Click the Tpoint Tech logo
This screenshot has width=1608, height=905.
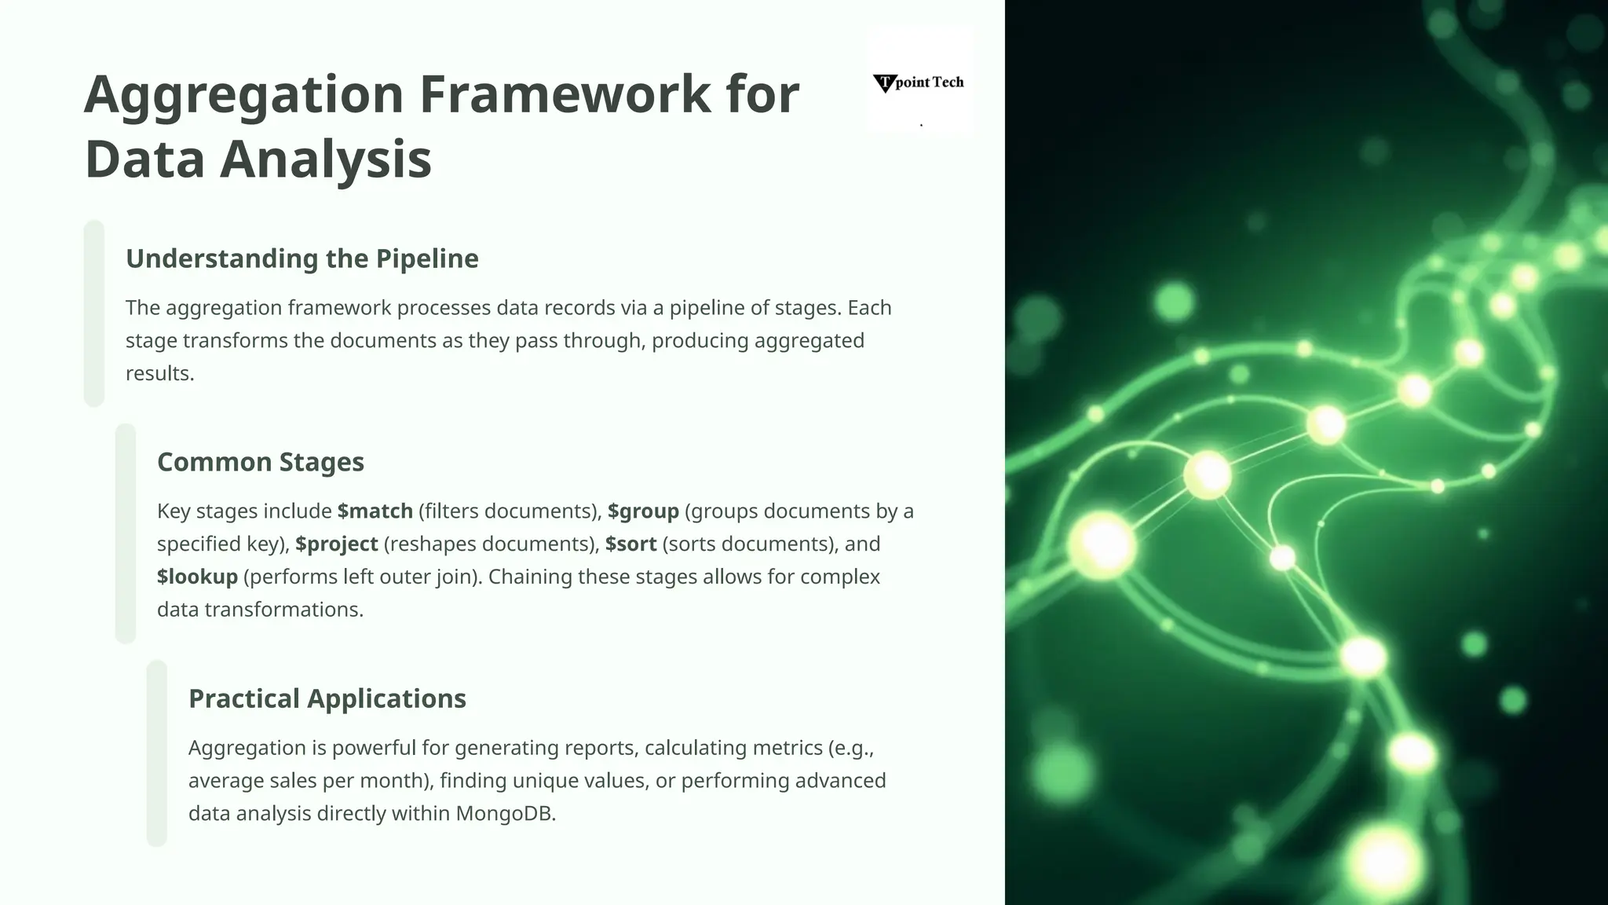tap(919, 82)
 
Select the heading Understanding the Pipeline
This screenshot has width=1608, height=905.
tap(302, 258)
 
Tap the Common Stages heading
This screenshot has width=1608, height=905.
tap(261, 462)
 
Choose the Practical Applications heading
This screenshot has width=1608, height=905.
tap(327, 698)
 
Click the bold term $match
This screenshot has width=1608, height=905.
tap(375, 511)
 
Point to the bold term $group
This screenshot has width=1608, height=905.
tap(643, 511)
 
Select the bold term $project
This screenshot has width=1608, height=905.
tap(337, 544)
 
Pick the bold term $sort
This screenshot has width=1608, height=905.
tap(630, 544)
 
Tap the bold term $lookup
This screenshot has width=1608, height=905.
tap(197, 577)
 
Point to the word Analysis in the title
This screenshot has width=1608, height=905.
tap(325, 159)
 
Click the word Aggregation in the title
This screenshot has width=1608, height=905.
tap(244, 94)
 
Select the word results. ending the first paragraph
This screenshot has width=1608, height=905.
tap(159, 374)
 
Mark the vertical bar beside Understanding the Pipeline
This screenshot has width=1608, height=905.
tap(94, 313)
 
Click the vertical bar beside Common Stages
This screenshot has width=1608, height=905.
tap(126, 534)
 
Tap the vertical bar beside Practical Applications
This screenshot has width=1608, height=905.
tap(157, 753)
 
